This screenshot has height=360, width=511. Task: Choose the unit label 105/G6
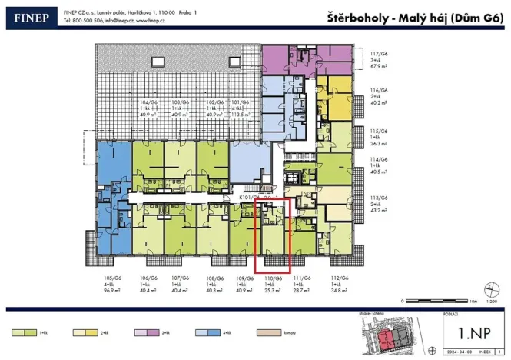click(113, 277)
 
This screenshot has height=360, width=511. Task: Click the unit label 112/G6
click(339, 277)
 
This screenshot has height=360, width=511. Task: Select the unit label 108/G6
click(214, 277)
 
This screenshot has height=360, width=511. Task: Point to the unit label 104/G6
click(148, 102)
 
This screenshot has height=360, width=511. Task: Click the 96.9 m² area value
click(113, 291)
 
